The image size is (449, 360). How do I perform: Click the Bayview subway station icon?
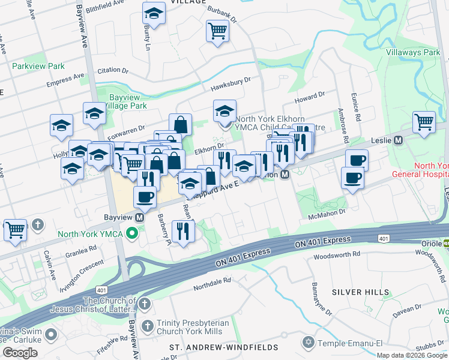click(x=139, y=217)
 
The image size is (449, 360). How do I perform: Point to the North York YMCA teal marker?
click(x=131, y=233)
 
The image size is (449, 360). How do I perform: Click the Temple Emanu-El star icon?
click(x=309, y=343)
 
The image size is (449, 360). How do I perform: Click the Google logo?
click(x=20, y=353)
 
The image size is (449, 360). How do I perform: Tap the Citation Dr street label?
click(x=113, y=70)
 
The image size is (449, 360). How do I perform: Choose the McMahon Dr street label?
click(x=327, y=214)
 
